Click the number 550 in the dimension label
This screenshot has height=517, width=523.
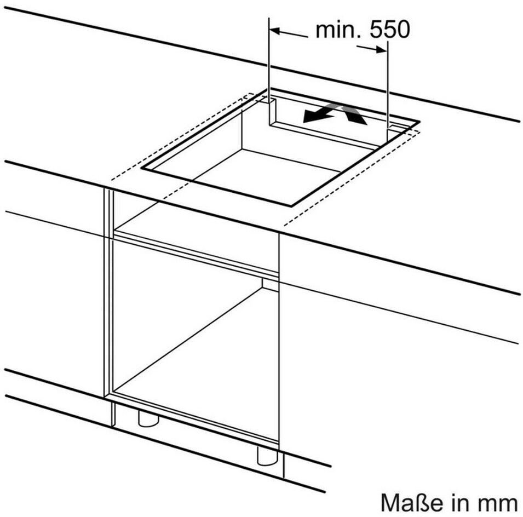point(389,30)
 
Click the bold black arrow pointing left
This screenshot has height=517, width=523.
point(318,114)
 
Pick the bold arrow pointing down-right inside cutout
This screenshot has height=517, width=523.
point(354,114)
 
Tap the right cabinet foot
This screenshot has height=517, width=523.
point(267,455)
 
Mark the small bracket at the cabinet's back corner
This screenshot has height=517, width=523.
point(270,284)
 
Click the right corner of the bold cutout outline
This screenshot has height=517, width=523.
point(419,121)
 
